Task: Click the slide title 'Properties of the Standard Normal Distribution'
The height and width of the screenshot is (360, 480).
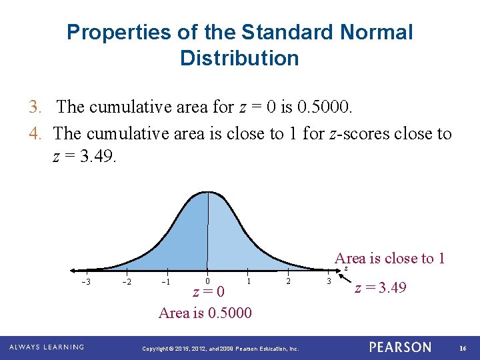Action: pos(239,45)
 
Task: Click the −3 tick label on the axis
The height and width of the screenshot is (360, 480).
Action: pos(86,281)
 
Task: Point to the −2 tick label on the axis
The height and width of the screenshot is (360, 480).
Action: pos(127,281)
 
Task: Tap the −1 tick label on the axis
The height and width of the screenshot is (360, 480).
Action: pos(167,281)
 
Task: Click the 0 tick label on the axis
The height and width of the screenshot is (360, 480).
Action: pos(208,281)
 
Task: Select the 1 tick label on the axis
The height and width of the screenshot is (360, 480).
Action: pos(249,281)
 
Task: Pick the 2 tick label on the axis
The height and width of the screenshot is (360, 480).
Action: pos(289,281)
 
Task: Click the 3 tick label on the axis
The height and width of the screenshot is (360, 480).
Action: pos(328,281)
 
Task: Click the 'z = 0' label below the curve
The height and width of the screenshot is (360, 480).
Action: pos(208,293)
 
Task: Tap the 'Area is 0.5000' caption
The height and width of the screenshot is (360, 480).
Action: pos(205,313)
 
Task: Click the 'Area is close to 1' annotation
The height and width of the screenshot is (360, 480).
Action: pos(390,259)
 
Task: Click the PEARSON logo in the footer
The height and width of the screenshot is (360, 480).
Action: pos(400,347)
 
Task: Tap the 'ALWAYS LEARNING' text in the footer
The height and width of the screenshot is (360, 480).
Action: pos(47,347)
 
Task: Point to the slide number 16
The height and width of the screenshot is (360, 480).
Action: pos(463,347)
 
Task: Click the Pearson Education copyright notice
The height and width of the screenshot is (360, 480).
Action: pos(221,348)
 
